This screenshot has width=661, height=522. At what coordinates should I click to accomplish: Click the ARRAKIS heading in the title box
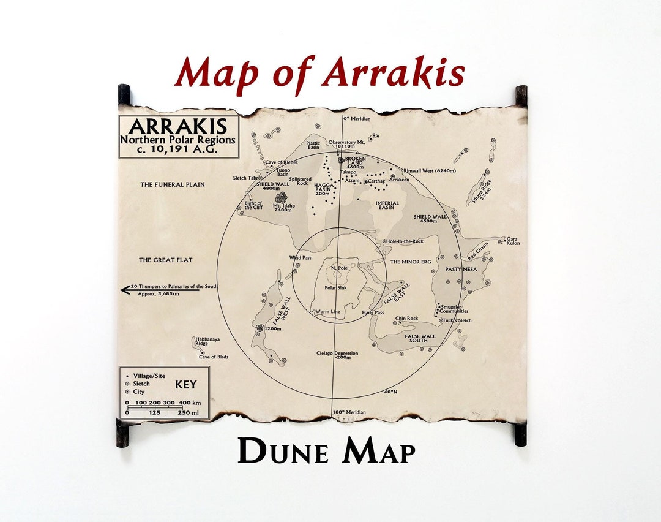(x=177, y=127)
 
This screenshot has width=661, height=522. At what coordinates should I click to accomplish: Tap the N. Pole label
(x=338, y=268)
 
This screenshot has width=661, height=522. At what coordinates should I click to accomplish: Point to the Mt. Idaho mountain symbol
(x=282, y=198)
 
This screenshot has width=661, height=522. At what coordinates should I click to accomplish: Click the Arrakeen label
(x=399, y=180)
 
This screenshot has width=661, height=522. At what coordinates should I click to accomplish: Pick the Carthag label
(x=376, y=181)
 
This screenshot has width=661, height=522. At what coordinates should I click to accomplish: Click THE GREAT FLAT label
(x=165, y=260)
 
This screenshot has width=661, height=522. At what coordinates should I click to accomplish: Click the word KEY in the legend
(x=186, y=385)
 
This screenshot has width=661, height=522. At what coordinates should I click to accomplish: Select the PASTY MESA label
(x=461, y=269)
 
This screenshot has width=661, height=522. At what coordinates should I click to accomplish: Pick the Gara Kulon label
(x=513, y=241)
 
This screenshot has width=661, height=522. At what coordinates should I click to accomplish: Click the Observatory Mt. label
(x=346, y=143)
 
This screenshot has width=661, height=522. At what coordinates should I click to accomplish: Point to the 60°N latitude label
(x=390, y=391)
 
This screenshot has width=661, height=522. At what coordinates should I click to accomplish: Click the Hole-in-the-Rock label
(x=405, y=241)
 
